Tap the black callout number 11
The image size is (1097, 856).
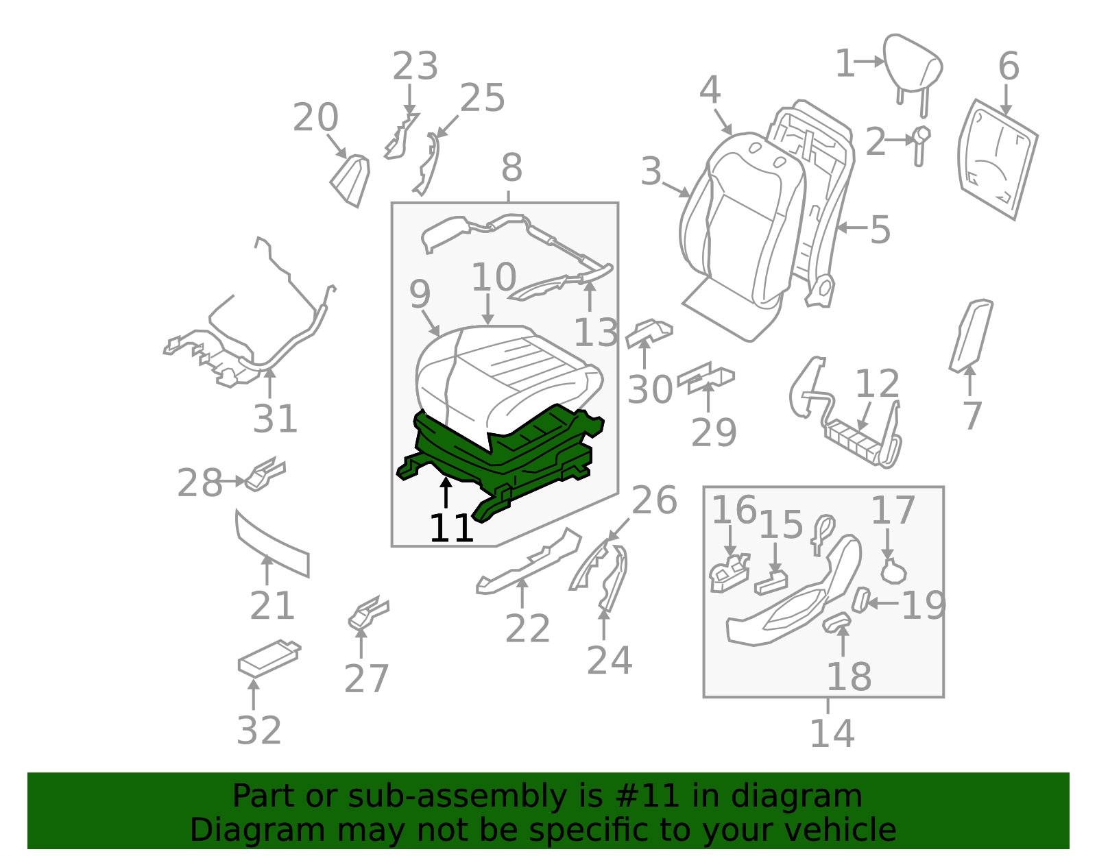point(451,528)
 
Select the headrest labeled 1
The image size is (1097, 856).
point(912,65)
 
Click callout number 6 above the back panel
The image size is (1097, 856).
point(1009,66)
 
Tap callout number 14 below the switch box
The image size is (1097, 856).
point(832,733)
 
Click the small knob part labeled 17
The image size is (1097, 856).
point(892,571)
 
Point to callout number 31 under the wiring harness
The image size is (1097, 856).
point(275,419)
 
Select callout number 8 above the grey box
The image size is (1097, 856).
point(511,167)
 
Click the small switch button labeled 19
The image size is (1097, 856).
point(860,600)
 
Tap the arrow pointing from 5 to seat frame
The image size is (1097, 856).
point(852,228)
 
